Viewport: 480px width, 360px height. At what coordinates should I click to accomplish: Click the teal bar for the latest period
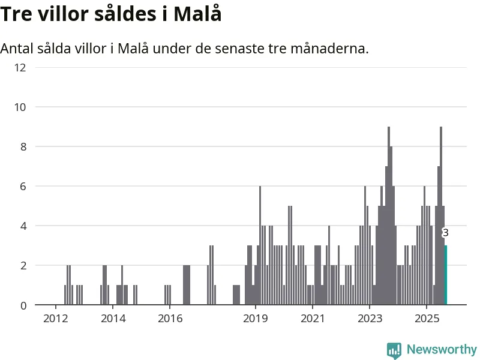point(445,275)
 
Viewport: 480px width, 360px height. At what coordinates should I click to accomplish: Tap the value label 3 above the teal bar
point(445,233)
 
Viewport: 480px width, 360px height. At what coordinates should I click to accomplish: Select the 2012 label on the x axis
point(55,317)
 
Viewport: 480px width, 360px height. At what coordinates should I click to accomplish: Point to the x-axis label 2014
point(112,317)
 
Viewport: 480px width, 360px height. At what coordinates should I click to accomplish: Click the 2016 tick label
point(170,317)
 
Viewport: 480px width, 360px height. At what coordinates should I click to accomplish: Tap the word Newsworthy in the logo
point(442,349)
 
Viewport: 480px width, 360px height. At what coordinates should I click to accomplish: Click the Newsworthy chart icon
point(394,350)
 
